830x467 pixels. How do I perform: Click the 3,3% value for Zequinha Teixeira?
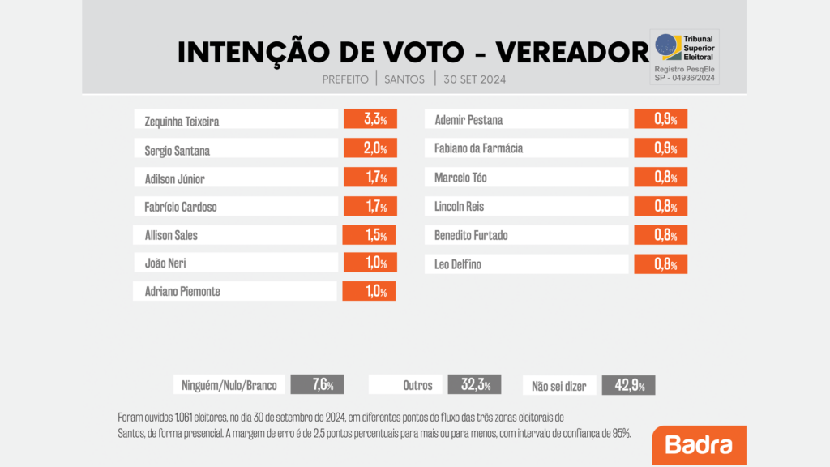(370, 119)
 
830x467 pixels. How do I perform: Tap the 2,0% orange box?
(370, 148)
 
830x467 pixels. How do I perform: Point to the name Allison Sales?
(170, 236)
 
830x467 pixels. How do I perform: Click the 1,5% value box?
(370, 235)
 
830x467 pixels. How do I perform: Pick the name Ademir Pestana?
(468, 120)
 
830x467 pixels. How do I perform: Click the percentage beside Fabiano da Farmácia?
(660, 148)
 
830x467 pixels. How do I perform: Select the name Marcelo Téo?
(461, 178)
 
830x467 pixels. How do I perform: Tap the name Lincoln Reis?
(460, 207)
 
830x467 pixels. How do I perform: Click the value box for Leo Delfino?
(660, 263)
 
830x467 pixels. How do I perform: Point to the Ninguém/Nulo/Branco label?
(228, 385)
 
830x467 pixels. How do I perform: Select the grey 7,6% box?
(317, 385)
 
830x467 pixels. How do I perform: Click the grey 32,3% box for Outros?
(474, 385)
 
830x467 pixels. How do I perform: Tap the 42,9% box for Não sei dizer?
(628, 385)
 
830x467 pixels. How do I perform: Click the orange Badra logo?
(699, 445)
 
